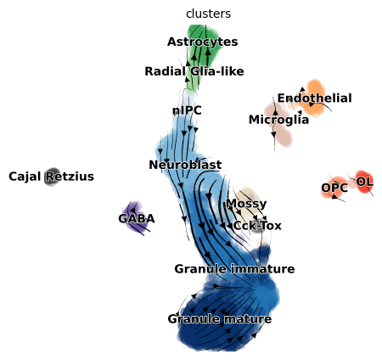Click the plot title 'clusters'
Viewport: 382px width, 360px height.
(x=208, y=14)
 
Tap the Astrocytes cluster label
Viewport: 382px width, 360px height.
(x=202, y=42)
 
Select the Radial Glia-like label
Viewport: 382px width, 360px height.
(x=194, y=71)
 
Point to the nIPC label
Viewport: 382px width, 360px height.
(x=187, y=110)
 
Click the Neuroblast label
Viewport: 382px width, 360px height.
(x=185, y=165)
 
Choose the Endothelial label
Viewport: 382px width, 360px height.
(x=315, y=98)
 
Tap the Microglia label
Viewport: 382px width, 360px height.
(x=278, y=120)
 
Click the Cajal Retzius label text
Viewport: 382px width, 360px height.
(x=51, y=177)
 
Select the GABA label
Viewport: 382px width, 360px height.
(x=137, y=219)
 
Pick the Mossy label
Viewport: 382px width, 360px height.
(x=246, y=204)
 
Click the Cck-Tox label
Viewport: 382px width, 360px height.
(x=257, y=226)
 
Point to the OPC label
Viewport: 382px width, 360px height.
(x=334, y=188)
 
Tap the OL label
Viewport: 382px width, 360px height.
(x=364, y=182)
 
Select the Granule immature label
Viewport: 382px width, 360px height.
(x=234, y=269)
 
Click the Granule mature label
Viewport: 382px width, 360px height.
(x=220, y=319)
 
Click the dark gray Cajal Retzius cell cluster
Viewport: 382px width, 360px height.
(x=52, y=177)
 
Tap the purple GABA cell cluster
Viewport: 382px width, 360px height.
(x=136, y=217)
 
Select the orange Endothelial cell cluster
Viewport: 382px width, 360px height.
(x=312, y=98)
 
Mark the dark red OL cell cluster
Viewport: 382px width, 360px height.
(x=364, y=182)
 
